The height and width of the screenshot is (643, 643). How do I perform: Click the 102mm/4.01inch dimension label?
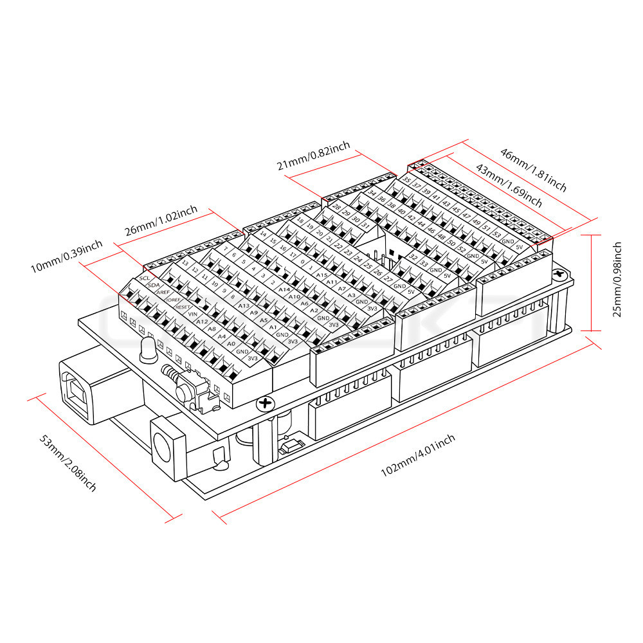point(418,455)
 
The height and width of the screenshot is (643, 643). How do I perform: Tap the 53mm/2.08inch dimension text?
point(68,462)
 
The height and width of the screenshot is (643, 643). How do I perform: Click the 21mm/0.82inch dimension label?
point(313,156)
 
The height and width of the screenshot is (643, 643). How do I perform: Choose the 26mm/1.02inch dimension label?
point(161,221)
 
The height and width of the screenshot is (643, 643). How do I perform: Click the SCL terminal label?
point(144,278)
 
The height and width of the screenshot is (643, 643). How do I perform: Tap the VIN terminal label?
point(193,314)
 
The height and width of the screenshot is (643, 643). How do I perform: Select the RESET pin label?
point(183,307)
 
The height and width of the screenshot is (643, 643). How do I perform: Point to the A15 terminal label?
point(322,275)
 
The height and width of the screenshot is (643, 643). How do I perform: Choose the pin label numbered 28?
point(337,207)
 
